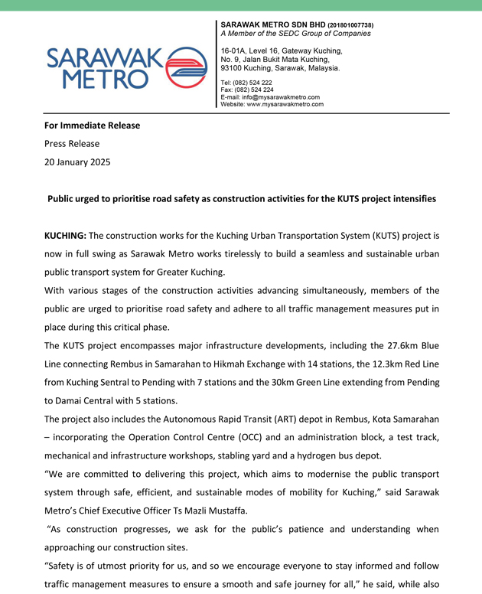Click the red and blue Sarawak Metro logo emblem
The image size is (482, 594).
tap(185, 67)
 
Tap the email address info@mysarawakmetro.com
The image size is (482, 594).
tap(280, 97)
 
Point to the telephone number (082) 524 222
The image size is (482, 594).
tap(252, 83)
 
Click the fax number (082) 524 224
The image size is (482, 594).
tap(253, 90)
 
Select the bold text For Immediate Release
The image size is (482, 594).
tap(92, 126)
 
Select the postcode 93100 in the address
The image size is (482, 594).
tap(234, 68)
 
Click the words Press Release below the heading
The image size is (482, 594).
tap(72, 143)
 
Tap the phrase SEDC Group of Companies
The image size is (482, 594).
tap(326, 34)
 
